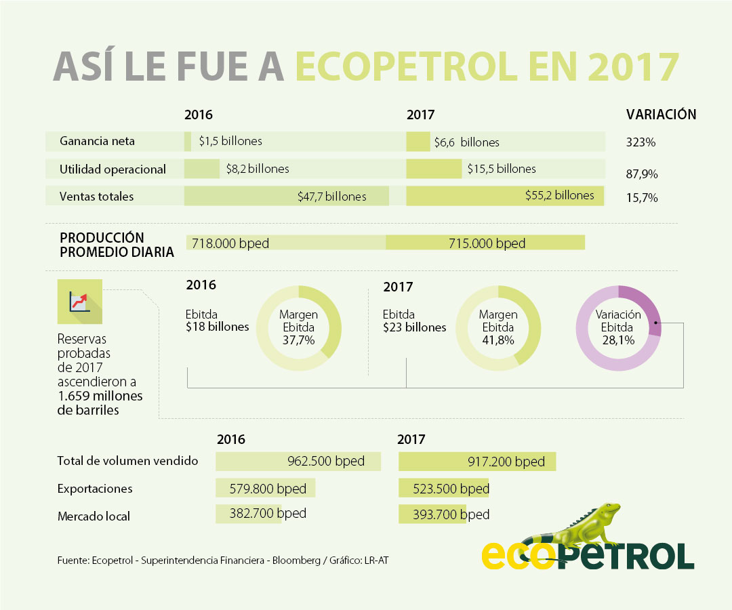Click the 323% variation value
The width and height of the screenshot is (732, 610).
click(640, 142)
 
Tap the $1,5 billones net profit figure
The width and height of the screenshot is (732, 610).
click(230, 141)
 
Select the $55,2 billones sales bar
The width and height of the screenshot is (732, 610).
click(505, 196)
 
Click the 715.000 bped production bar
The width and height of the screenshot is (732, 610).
click(485, 243)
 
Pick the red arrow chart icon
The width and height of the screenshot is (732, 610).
click(80, 301)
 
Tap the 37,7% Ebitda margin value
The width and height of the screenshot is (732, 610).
click(298, 340)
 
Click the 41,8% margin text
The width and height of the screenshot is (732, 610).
click(498, 340)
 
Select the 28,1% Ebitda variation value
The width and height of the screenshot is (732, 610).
click(617, 340)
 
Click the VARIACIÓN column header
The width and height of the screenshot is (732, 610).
click(661, 115)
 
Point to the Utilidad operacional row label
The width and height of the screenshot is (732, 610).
click(113, 169)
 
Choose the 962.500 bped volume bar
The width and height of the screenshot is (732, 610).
click(298, 462)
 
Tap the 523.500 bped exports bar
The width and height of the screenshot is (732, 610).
click(444, 489)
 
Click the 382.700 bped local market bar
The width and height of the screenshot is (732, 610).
click(248, 514)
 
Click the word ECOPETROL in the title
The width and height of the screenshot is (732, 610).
click(423, 67)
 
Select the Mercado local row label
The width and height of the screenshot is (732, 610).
click(94, 516)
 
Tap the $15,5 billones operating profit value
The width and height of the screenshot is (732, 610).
click(502, 169)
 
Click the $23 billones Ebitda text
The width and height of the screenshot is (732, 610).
click(415, 327)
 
